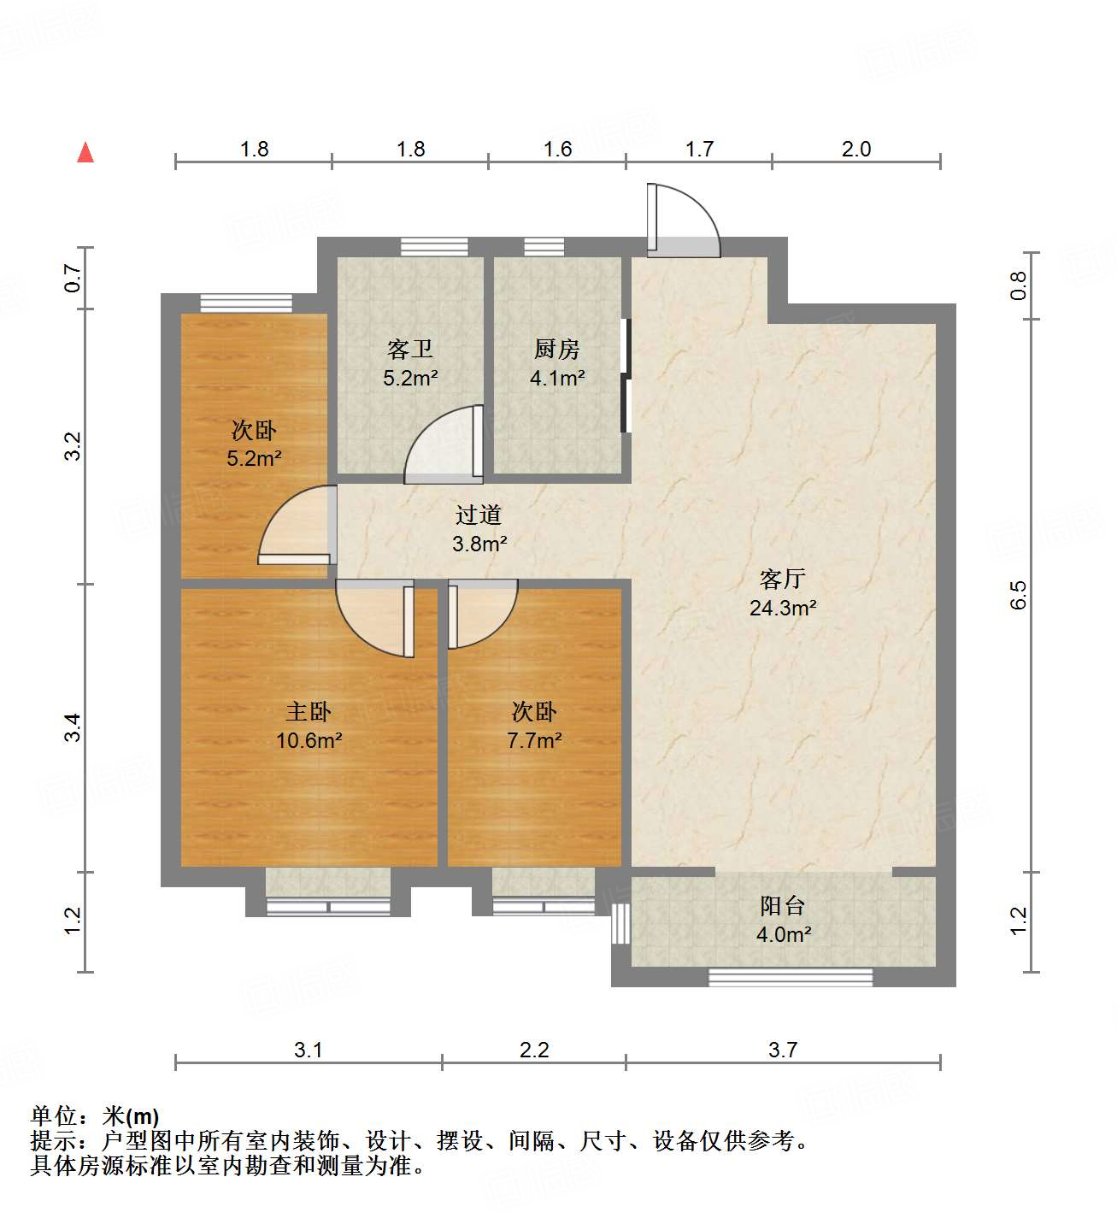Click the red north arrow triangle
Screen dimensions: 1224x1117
pyautogui.click(x=85, y=152)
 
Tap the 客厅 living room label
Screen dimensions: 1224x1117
pyautogui.click(x=782, y=580)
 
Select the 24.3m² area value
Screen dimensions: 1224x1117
pyautogui.click(x=782, y=608)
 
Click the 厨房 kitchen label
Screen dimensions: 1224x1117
pyautogui.click(x=556, y=349)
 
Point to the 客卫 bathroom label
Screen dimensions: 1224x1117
pyautogui.click(x=410, y=349)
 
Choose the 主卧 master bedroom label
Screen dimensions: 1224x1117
pyautogui.click(x=308, y=711)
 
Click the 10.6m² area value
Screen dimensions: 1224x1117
pyautogui.click(x=309, y=740)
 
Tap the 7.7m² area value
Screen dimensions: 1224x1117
pyautogui.click(x=534, y=740)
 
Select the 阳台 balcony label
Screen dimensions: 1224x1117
pyautogui.click(x=782, y=905)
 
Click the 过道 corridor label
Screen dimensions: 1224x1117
pyautogui.click(x=479, y=515)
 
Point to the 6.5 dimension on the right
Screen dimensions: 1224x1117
pyautogui.click(x=1018, y=595)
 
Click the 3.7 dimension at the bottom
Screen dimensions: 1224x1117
pyautogui.click(x=782, y=1050)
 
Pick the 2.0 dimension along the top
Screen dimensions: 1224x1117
pyautogui.click(x=855, y=149)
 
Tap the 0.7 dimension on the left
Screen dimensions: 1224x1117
pyautogui.click(x=73, y=278)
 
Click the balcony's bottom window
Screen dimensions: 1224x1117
pyautogui.click(x=791, y=977)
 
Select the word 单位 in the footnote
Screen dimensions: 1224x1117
pyautogui.click(x=54, y=1115)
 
